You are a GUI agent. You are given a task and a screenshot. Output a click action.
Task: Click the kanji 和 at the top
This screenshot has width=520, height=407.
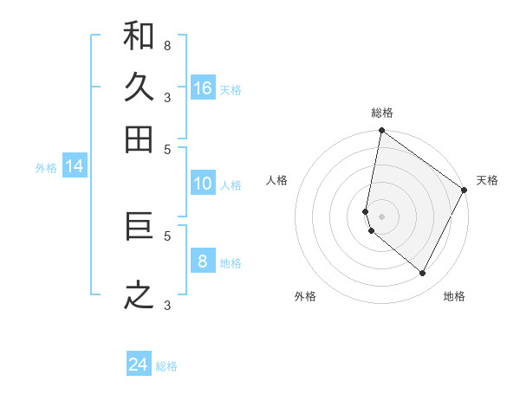[139, 36]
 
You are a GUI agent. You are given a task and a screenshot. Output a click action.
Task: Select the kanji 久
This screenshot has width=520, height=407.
[139, 87]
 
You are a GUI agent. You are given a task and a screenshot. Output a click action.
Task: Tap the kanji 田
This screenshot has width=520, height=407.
[139, 139]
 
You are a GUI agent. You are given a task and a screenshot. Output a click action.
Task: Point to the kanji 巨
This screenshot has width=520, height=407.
[139, 227]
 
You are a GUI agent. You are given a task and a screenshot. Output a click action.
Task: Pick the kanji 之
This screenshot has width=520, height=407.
[139, 294]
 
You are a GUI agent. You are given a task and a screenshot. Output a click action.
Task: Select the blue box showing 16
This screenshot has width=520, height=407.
[203, 88]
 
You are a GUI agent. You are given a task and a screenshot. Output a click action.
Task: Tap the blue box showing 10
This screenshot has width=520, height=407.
[203, 184]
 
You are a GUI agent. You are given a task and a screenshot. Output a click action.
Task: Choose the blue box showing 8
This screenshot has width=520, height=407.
[203, 262]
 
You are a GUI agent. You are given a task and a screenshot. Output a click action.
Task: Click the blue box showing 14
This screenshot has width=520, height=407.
[75, 167]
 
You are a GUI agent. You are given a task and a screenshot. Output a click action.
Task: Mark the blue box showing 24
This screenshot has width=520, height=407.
[139, 365]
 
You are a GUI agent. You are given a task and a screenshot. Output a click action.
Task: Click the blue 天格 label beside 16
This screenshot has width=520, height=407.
[231, 90]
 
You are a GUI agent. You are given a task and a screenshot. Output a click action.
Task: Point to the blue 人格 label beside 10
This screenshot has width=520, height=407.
[231, 185]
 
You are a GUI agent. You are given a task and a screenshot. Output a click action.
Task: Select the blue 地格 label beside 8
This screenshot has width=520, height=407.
[231, 263]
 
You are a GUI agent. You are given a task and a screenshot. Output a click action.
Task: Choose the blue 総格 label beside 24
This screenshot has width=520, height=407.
[166, 366]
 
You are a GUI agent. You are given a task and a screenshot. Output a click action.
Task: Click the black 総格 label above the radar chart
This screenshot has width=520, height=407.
[382, 113]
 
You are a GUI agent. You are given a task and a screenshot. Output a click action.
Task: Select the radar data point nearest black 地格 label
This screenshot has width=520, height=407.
[423, 273]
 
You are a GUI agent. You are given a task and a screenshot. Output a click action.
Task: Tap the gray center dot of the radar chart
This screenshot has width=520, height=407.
[381, 216]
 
